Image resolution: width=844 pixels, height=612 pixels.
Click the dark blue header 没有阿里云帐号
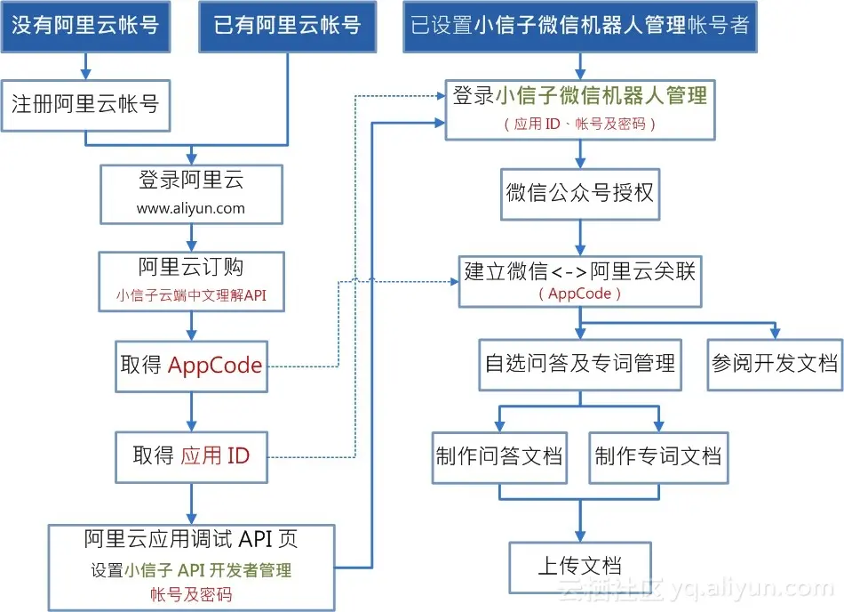85,25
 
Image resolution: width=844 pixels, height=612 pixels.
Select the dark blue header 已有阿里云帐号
288,25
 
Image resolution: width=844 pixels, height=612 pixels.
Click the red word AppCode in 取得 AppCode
215,366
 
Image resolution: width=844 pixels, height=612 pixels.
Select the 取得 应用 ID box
191,456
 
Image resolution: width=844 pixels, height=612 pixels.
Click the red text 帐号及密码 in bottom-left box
191,593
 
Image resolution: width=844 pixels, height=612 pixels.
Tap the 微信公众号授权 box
580,192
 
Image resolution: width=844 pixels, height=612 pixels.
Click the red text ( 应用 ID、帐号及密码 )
580,124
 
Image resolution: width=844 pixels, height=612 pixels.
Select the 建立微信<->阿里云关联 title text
580,271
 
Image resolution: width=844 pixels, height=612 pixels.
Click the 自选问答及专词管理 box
580,363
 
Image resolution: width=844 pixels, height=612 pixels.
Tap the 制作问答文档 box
499,456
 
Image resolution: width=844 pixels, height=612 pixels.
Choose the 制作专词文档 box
658,456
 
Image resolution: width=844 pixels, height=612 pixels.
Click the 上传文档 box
580,565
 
